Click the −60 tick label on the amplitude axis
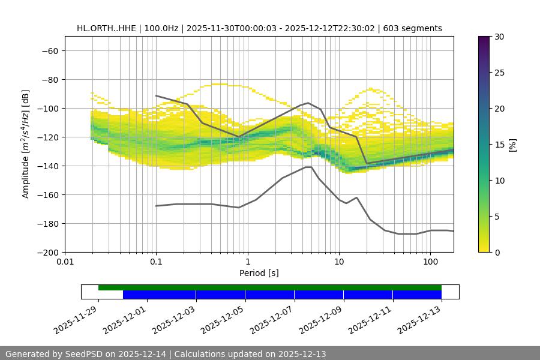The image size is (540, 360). click(x=49, y=51)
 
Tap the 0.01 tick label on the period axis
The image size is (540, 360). click(x=65, y=262)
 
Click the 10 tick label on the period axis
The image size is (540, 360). click(x=339, y=262)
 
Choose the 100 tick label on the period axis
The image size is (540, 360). click(x=430, y=262)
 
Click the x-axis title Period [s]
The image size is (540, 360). click(x=259, y=273)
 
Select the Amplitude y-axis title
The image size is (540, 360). click(x=26, y=144)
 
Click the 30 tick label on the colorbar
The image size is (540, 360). click(x=499, y=37)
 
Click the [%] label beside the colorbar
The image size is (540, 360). click(x=512, y=145)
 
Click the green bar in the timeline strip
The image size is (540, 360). click(x=270, y=287)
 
